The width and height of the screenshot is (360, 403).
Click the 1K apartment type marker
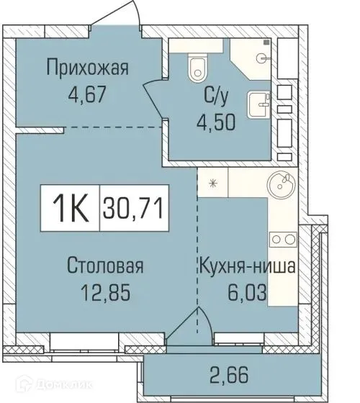tap(71, 209)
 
